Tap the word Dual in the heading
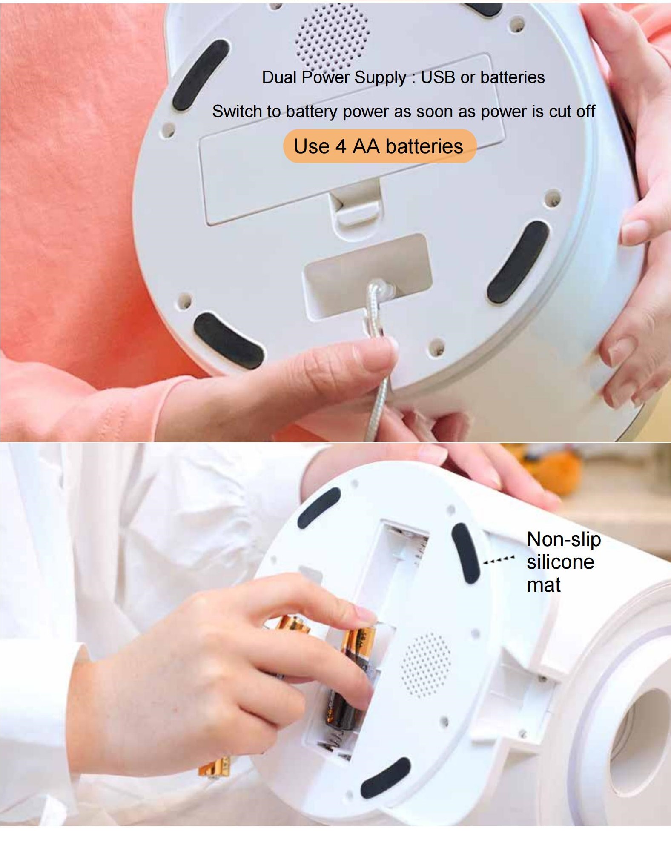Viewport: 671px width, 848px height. [279, 77]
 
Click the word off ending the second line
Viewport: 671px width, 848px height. [586, 112]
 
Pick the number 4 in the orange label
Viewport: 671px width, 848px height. [341, 146]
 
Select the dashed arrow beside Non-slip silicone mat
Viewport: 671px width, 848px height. [499, 560]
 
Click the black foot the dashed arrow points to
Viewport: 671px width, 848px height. [465, 553]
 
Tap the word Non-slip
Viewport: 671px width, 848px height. [564, 540]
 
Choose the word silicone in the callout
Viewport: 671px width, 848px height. [560, 562]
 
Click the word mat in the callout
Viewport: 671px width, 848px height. [544, 585]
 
